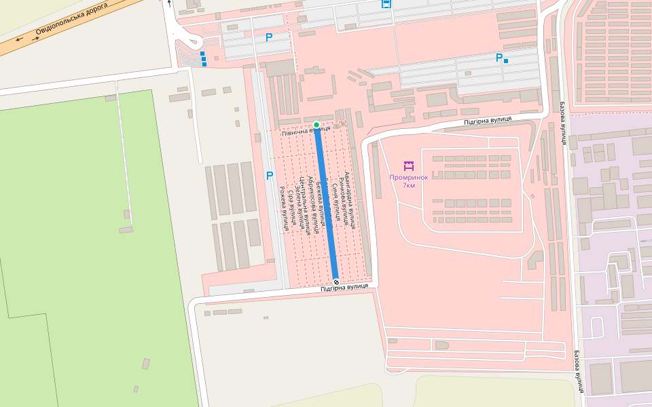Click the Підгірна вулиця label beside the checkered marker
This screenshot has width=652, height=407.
(345, 288)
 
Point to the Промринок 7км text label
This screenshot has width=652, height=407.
(408, 181)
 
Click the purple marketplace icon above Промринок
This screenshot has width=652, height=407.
(408, 166)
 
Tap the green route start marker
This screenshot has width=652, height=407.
(316, 125)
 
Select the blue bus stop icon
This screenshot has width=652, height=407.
(386, 3)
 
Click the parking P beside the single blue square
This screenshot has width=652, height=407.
(499, 58)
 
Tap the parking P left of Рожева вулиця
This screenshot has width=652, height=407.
(270, 176)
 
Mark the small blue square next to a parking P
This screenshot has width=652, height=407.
(506, 61)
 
